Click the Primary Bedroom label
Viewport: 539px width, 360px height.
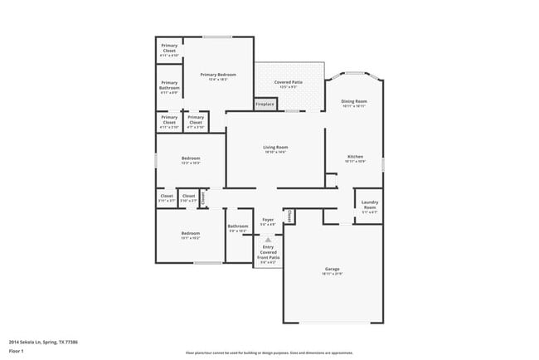pyautogui.click(x=218, y=75)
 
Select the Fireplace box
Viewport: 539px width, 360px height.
pyautogui.click(x=265, y=104)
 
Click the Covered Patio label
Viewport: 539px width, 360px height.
pyautogui.click(x=288, y=82)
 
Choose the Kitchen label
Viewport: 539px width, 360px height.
pyautogui.click(x=355, y=156)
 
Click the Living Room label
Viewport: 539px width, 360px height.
pyautogui.click(x=275, y=148)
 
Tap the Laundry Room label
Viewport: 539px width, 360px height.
pyautogui.click(x=370, y=204)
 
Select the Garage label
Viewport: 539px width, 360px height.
pyautogui.click(x=332, y=269)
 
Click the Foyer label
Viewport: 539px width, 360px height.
pyautogui.click(x=268, y=220)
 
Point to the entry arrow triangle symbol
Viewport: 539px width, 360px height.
pyautogui.click(x=268, y=239)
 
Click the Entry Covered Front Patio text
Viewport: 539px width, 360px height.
pyautogui.click(x=268, y=252)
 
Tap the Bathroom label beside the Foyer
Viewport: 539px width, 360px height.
pyautogui.click(x=238, y=226)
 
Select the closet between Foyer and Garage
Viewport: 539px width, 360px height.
pyautogui.click(x=289, y=215)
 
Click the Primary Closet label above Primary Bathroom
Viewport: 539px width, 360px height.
pyautogui.click(x=169, y=47)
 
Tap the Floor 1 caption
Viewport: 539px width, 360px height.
pyautogui.click(x=16, y=351)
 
